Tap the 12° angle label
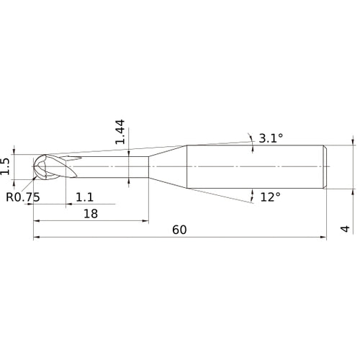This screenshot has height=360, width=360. pos(270,197)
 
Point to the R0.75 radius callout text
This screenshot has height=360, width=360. pos(23,196)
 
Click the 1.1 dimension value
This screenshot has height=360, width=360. pos(84,196)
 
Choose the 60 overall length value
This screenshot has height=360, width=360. pos(180,230)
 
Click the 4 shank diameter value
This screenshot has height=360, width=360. pos(346,229)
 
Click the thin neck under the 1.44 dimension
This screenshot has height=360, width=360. pos(115,167)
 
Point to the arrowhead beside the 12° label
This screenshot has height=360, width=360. pos(253,194)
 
